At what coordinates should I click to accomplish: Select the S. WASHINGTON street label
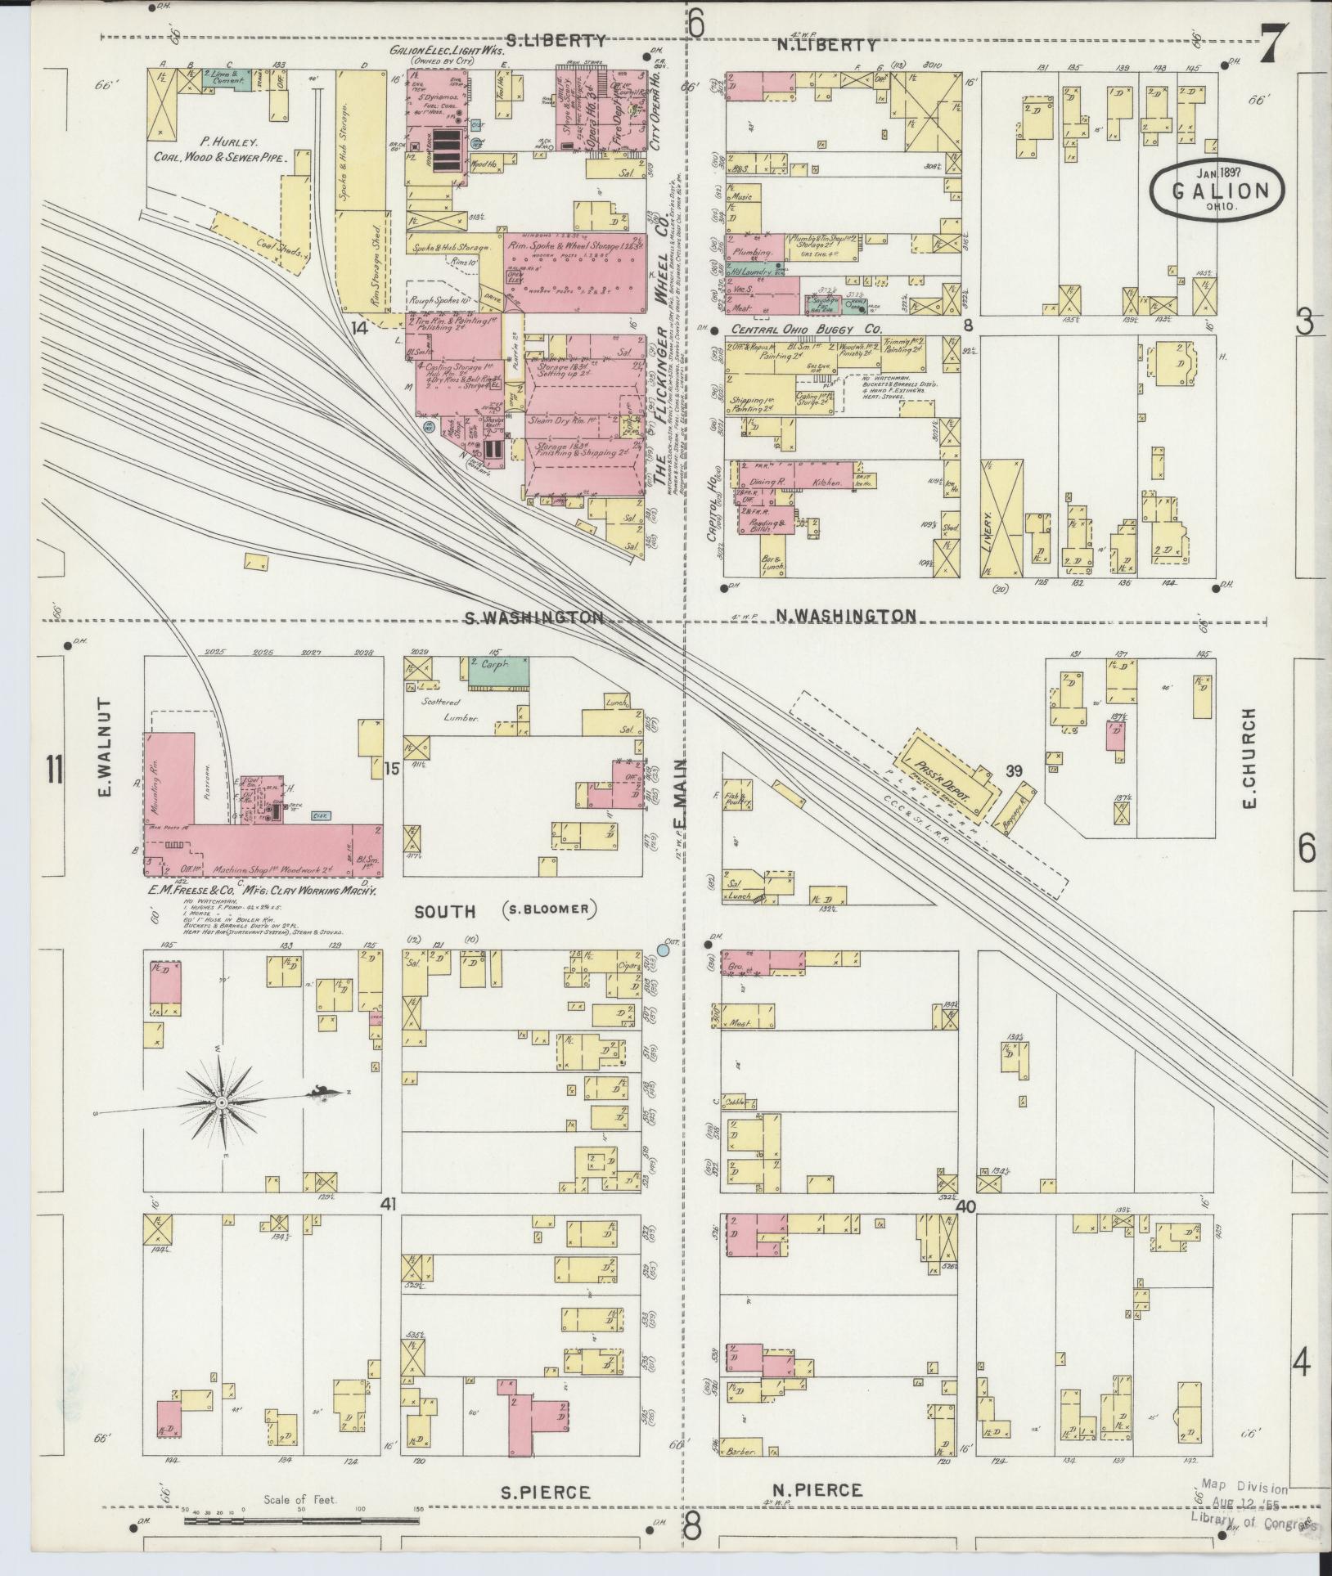[533, 617]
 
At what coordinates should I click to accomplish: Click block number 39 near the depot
[1015, 770]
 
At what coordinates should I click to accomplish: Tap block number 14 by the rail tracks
[358, 328]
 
